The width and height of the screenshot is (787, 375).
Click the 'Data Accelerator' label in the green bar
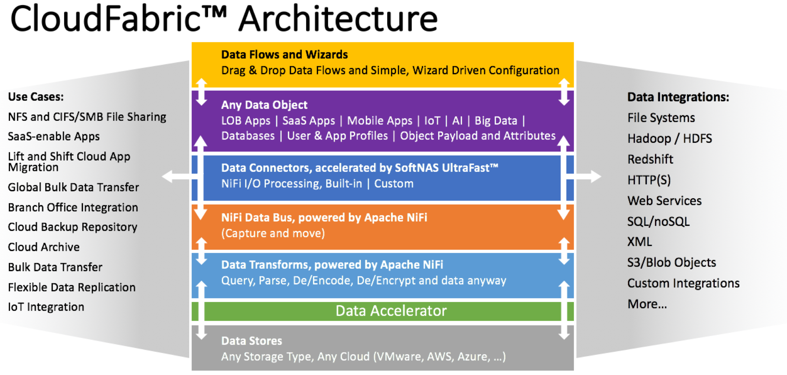click(391, 311)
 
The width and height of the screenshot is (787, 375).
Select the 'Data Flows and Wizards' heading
click(284, 54)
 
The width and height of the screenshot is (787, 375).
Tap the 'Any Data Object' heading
click(264, 105)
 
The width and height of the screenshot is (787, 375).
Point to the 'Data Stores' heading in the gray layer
click(251, 341)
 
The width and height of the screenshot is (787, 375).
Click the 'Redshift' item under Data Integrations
click(650, 159)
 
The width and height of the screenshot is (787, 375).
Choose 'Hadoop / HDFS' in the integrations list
click(669, 139)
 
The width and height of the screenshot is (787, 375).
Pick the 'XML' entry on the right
click(639, 242)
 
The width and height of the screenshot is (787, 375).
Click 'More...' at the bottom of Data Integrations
click(647, 304)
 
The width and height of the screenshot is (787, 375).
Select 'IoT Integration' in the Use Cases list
click(46, 307)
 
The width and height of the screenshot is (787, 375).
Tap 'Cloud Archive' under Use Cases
click(44, 247)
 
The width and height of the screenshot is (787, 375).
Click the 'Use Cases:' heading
click(36, 97)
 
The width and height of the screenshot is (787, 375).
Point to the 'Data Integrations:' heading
click(678, 97)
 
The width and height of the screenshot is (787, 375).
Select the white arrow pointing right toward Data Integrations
click(590, 177)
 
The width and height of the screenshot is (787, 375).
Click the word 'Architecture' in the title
click(338, 19)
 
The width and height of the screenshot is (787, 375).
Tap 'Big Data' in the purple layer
click(495, 121)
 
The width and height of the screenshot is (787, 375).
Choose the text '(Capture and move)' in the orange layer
click(273, 233)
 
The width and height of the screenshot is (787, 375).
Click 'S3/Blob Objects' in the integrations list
click(671, 263)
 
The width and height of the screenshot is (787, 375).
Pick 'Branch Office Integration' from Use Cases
click(73, 207)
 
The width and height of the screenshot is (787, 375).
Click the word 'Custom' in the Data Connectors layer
click(393, 184)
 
